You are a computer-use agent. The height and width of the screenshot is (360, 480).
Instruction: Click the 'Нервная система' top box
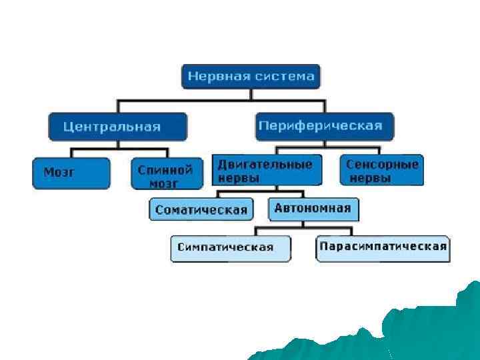point(251,76)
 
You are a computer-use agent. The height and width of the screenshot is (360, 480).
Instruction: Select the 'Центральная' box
point(117,126)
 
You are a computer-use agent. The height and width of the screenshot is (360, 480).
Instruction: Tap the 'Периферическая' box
point(324,125)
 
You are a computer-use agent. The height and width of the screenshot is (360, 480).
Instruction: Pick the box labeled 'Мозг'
point(71,172)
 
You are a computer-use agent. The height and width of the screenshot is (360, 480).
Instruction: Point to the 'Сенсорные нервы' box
point(381,170)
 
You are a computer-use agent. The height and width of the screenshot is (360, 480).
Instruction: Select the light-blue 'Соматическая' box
point(201,210)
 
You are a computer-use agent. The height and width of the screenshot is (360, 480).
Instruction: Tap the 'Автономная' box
point(312,208)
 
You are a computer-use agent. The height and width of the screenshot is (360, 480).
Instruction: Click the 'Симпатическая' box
point(231,247)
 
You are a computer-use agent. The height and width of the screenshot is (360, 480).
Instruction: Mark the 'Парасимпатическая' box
point(383,247)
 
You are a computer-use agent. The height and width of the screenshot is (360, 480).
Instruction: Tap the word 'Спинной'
point(165,169)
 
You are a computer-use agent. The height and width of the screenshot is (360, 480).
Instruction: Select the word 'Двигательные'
point(265,164)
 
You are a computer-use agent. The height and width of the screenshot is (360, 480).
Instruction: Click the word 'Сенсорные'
point(382,164)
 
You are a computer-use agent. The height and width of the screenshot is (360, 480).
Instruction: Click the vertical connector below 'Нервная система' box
point(251,94)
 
